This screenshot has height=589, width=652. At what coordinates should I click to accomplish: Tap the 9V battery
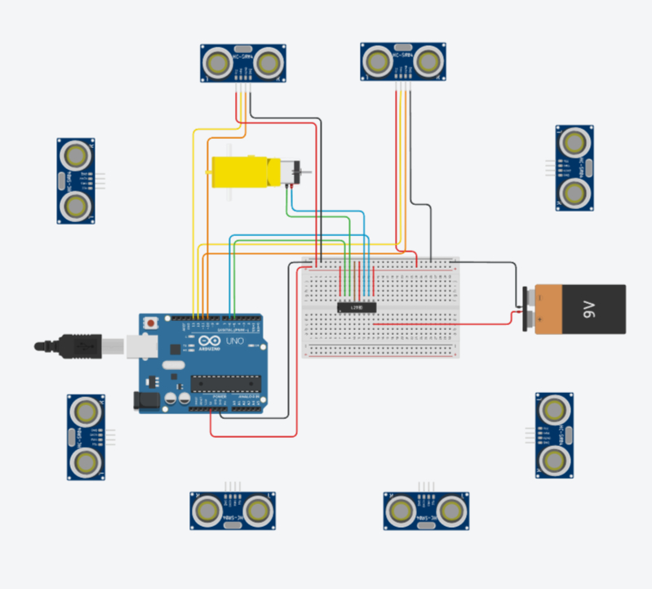[x=580, y=309]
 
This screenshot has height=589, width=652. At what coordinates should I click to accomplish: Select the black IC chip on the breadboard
[x=357, y=306]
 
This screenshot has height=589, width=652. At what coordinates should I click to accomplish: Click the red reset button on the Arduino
[x=150, y=324]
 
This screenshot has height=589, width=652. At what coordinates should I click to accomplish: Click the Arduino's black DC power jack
[x=146, y=399]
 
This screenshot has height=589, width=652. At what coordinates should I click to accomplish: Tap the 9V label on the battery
[x=589, y=308]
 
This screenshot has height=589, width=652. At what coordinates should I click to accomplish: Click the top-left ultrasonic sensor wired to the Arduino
[x=243, y=63]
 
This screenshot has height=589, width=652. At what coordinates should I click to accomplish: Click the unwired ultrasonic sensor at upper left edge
[x=75, y=181]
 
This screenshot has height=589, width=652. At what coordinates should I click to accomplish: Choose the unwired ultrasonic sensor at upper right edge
[x=574, y=167]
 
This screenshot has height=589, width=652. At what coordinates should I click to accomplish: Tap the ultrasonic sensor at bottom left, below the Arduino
[x=233, y=511]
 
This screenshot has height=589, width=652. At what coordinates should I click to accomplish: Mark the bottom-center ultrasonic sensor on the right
[x=426, y=511]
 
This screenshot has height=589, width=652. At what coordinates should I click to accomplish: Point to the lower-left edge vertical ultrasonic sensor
[x=85, y=436]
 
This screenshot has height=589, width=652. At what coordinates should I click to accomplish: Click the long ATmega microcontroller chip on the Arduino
[x=225, y=384]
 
